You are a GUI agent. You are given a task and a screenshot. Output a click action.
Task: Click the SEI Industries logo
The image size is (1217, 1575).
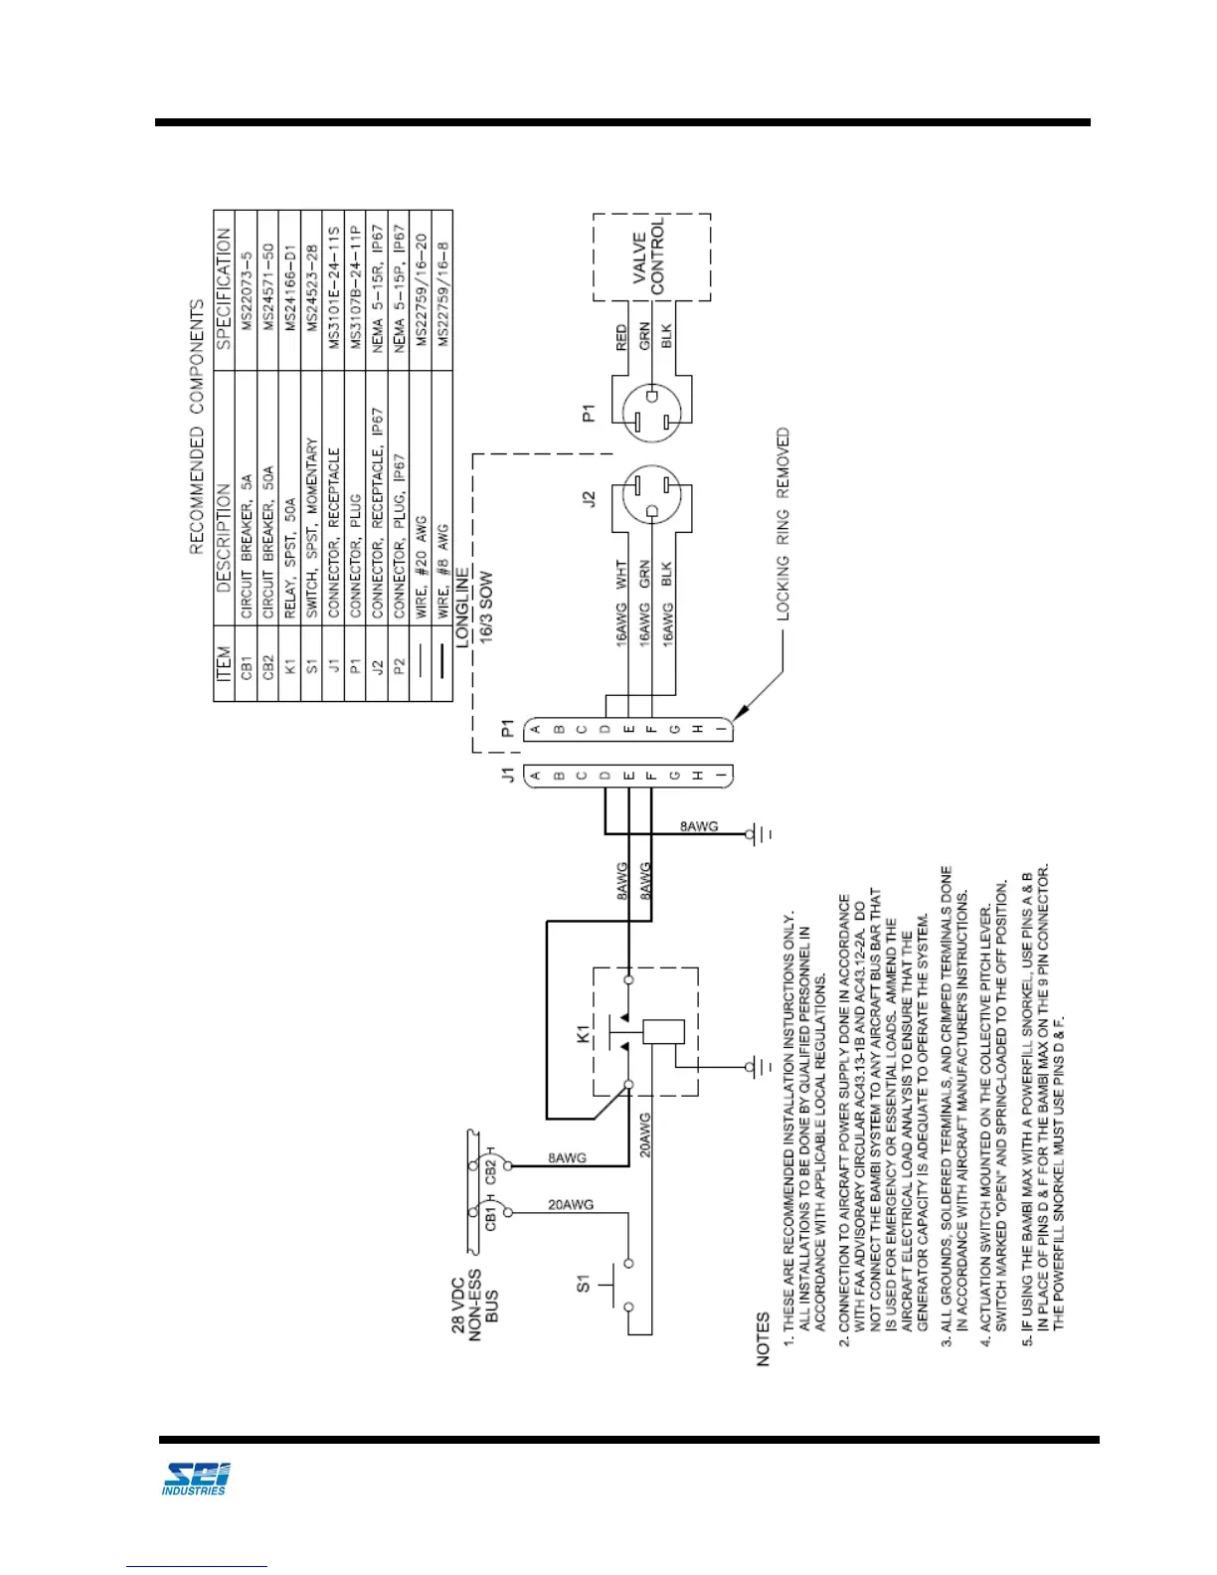(196, 1479)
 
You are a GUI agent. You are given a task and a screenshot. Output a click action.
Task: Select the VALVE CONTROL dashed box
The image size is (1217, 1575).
(651, 256)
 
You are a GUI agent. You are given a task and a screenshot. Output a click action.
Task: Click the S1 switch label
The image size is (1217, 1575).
(584, 1284)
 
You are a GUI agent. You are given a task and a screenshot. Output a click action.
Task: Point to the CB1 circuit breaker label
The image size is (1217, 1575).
(491, 1214)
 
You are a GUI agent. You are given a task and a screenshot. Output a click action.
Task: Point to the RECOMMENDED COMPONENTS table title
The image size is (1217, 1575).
(197, 427)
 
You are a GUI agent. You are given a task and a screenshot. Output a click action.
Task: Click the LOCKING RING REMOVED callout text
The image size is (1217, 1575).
(783, 524)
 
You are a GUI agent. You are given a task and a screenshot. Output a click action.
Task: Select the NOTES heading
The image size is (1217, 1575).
(764, 1338)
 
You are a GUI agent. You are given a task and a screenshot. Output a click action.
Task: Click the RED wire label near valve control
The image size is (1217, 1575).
(622, 337)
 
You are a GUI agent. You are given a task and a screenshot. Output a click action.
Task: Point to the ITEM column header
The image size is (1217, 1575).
(224, 664)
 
